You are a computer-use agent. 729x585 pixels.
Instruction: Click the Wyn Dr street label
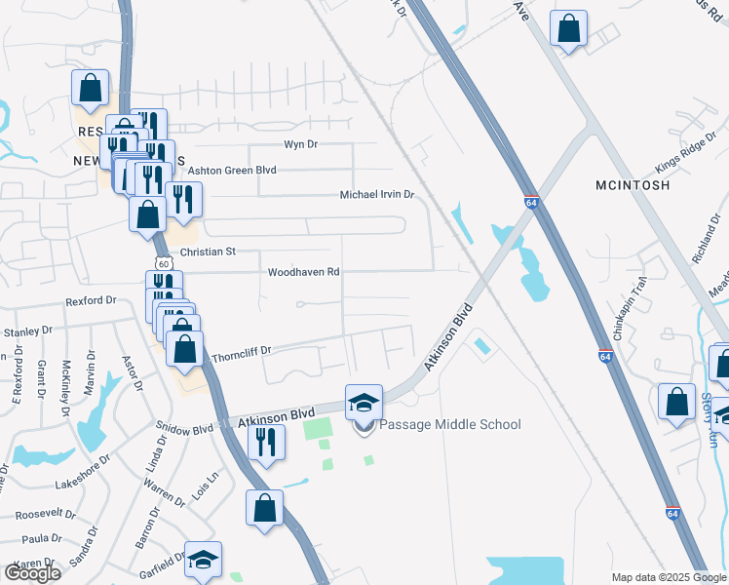(300, 144)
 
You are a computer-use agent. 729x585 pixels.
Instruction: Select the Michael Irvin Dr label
(377, 195)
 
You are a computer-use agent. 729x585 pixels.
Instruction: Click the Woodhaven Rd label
(304, 272)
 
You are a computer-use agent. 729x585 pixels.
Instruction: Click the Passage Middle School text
(449, 424)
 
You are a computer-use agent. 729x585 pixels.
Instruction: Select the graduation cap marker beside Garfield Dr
(204, 560)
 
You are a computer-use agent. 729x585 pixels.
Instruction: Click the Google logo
(32, 572)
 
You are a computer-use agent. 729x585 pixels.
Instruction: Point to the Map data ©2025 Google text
(669, 577)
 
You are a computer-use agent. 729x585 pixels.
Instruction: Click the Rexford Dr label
(91, 302)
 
